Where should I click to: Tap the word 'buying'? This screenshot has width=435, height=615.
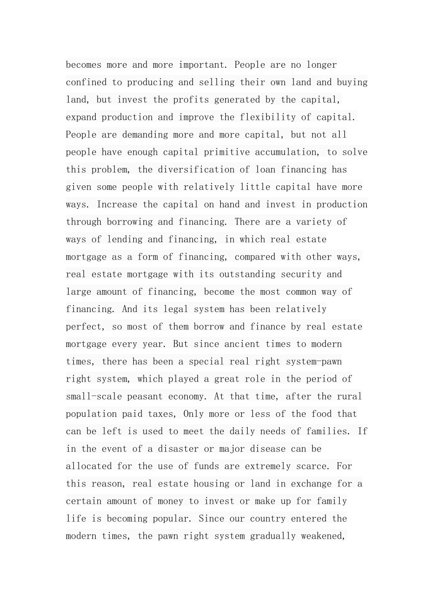click(352, 82)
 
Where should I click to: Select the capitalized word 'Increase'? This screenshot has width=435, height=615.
click(117, 205)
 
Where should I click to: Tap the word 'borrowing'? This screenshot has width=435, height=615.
click(130, 222)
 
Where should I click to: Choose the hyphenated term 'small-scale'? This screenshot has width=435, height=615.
click(94, 396)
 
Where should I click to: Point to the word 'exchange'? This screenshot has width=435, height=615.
click(311, 484)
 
